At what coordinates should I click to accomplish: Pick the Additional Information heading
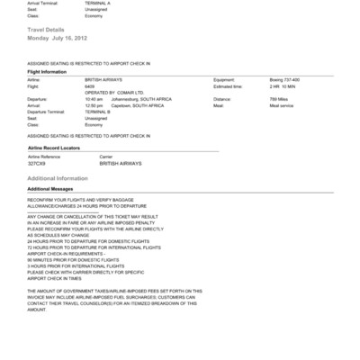58,178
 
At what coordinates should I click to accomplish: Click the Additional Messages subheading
50,189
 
